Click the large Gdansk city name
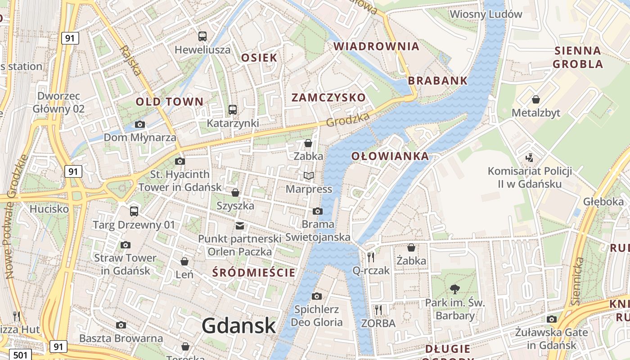[x=238, y=325]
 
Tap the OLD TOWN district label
[x=170, y=102]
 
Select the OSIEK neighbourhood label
[x=259, y=58]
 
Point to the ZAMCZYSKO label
[x=328, y=98]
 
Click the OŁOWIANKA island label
[x=390, y=156]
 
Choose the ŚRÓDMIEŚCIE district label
[x=254, y=272]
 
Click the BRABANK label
[x=438, y=81]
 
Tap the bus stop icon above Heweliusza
[x=202, y=36]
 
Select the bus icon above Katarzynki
[x=233, y=109]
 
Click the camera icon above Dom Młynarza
[x=140, y=124]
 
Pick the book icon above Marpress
[x=309, y=175]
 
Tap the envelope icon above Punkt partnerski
[x=240, y=225]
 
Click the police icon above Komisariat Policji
[x=530, y=157]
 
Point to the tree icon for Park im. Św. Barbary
[x=455, y=289]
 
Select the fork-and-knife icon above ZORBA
[x=378, y=310]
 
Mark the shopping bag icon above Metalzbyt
[x=536, y=99]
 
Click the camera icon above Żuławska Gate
[x=552, y=319]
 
